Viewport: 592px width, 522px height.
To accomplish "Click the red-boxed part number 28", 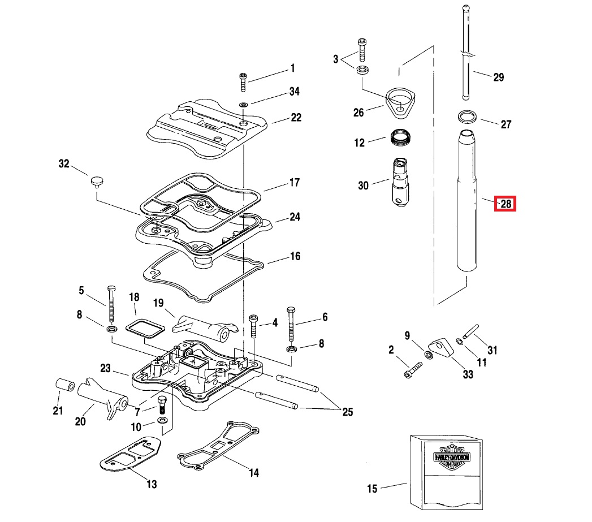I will (506, 204).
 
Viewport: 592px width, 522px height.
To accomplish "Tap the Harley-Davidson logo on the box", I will (451, 456).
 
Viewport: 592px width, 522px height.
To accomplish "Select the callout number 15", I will (371, 489).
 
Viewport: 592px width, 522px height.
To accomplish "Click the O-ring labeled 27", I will (467, 117).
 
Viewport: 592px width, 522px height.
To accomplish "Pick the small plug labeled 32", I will (97, 181).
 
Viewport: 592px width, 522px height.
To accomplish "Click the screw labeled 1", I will (243, 82).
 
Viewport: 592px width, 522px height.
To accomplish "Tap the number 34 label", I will (294, 92).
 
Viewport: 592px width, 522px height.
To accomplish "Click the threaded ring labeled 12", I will (400, 137).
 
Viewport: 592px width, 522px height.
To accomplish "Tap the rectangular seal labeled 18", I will (145, 327).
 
